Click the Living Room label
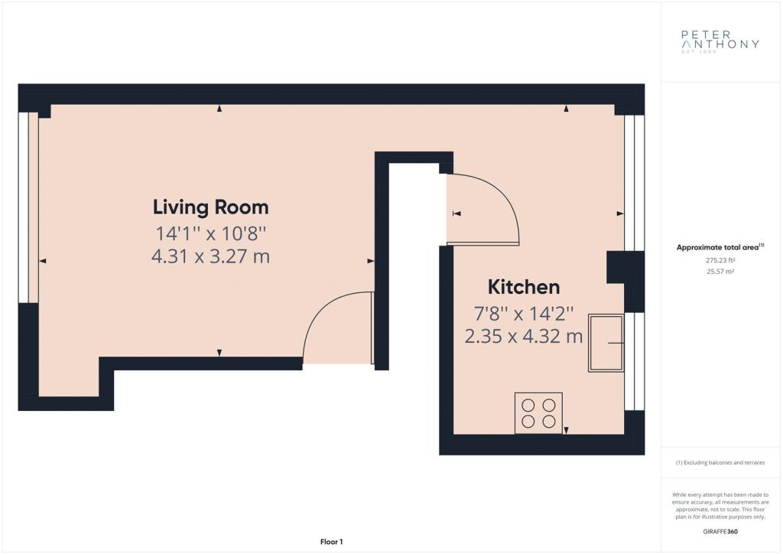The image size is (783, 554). tap(211, 207)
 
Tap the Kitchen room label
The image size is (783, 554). tap(523, 287)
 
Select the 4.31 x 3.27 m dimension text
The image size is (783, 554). tap(211, 256)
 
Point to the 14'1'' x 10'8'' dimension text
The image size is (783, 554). tap(211, 233)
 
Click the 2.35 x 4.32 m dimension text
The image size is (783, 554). tap(524, 336)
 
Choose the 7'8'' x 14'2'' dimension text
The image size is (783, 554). tap(524, 314)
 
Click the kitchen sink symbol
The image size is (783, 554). tap(606, 343)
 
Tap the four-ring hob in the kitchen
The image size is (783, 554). tap(538, 413)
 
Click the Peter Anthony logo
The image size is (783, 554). tap(720, 41)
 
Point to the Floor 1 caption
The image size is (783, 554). tap(332, 542)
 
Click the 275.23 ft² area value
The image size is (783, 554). tap(720, 259)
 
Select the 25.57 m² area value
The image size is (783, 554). tap(720, 272)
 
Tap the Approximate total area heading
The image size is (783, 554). tap(720, 247)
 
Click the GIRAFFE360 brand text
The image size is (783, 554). tap(720, 532)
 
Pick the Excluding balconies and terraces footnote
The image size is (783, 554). tap(720, 463)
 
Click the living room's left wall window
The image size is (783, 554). tap(28, 208)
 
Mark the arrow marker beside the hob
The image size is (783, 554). tap(567, 430)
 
